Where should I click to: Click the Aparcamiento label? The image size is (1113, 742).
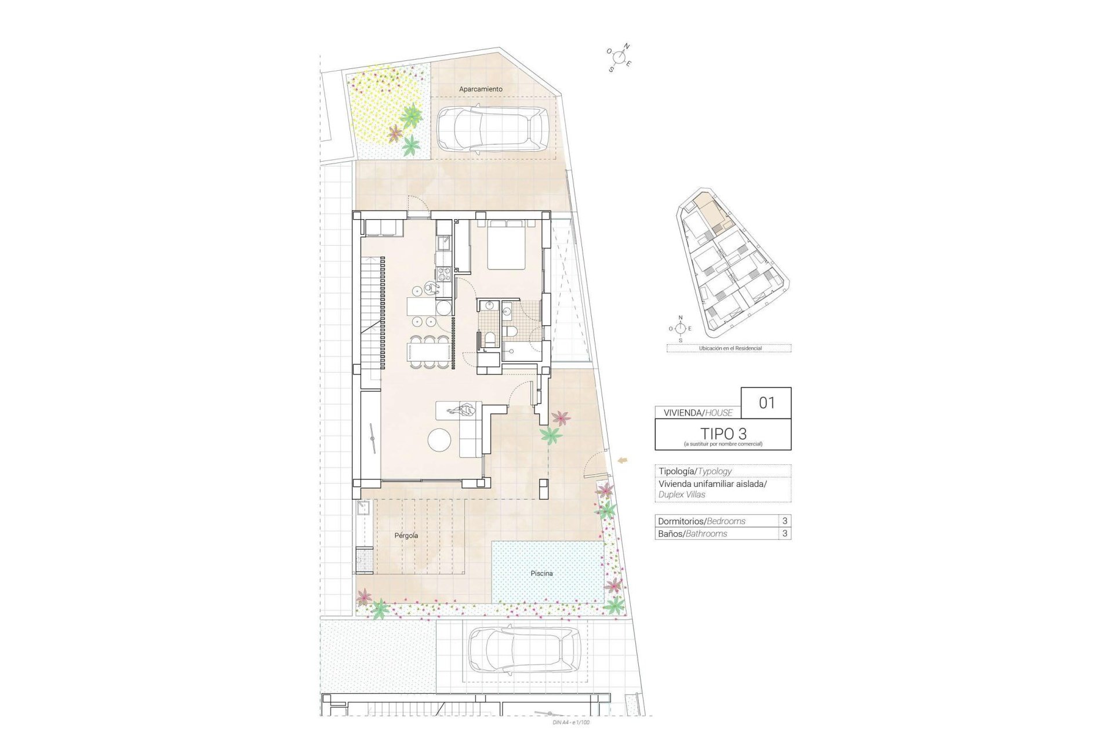coord(481,89)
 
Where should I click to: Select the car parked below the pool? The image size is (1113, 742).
coord(523,650)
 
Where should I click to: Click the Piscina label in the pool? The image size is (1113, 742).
coord(541,573)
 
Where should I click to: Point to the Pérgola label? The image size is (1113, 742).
coord(406,536)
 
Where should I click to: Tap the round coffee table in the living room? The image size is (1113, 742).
coord(439,439)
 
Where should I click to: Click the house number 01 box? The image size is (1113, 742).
coord(766,402)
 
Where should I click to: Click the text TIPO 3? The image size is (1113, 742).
coord(723,433)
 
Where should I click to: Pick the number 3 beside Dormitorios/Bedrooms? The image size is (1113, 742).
coord(785,521)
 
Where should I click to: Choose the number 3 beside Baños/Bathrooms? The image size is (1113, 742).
coord(785,533)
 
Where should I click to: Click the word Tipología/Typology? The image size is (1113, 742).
coord(694,471)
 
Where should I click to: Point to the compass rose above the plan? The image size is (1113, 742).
coord(619,57)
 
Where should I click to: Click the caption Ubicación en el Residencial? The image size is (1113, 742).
coord(730,348)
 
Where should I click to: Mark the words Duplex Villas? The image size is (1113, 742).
coord(682,494)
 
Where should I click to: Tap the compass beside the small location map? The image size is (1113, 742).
coord(681,329)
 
